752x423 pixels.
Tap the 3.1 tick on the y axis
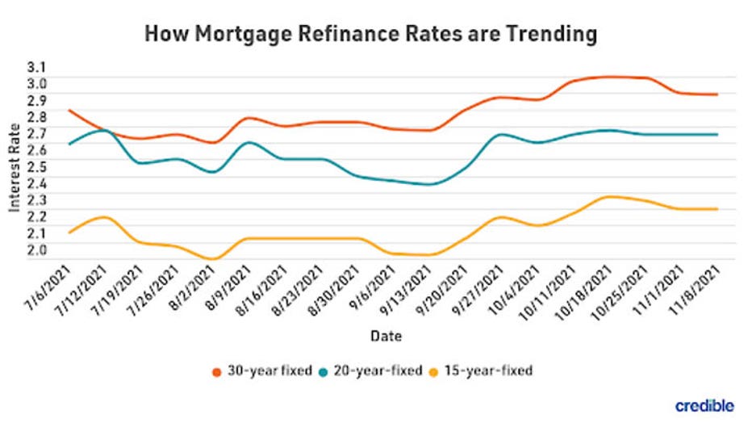[37, 66]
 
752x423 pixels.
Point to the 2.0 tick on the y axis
[37, 249]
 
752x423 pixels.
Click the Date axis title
[386, 334]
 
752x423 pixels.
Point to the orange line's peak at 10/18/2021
[609, 77]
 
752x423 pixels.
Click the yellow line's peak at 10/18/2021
[609, 196]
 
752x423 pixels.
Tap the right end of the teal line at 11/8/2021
[717, 134]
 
